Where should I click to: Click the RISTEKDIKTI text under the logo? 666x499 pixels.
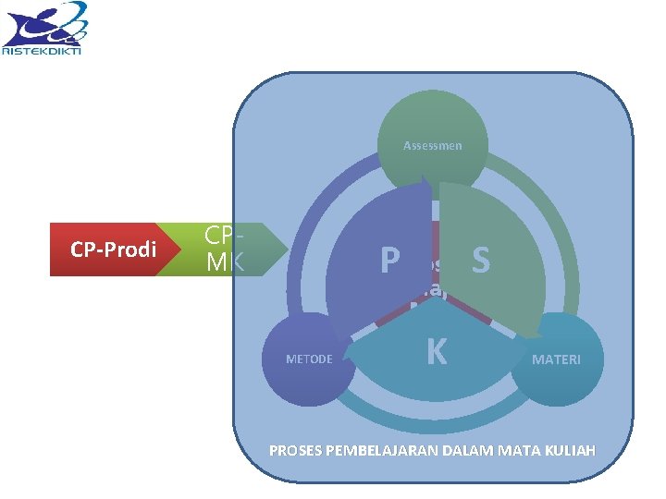(x=42, y=52)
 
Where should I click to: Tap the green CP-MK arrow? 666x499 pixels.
(x=227, y=249)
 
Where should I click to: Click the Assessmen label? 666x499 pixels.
(x=432, y=146)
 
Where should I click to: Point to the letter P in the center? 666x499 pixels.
(x=389, y=262)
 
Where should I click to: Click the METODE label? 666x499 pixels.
(x=310, y=359)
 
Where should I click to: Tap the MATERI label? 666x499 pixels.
(x=556, y=359)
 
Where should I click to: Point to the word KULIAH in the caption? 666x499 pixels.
(x=570, y=451)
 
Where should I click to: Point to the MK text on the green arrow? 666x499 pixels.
(x=225, y=262)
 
